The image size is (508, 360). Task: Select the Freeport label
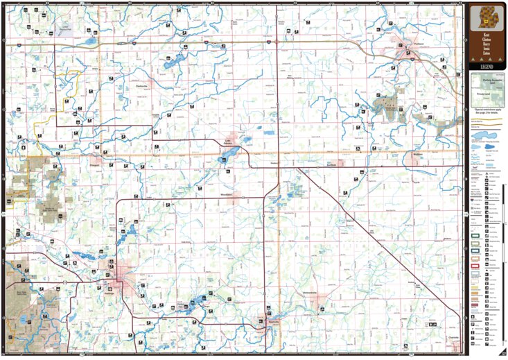tap(95, 166)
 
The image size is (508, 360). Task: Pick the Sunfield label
tap(331, 165)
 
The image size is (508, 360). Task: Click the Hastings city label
tap(110, 291)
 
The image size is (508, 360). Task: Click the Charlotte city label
tap(455, 337)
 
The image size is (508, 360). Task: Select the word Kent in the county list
tap(486, 33)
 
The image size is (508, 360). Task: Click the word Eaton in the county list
tap(486, 55)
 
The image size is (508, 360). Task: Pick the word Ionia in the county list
tap(486, 50)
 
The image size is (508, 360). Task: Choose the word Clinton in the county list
tap(486, 39)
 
